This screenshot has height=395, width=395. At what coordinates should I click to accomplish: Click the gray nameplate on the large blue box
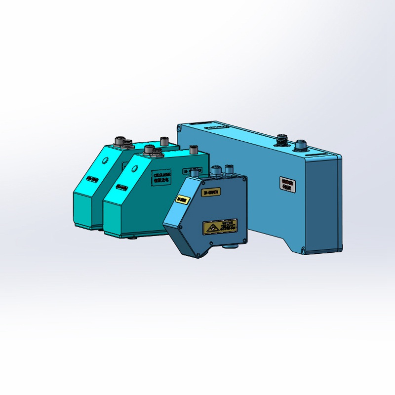pyautogui.click(x=287, y=184)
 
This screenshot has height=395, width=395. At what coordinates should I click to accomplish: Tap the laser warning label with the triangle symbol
pyautogui.click(x=220, y=227)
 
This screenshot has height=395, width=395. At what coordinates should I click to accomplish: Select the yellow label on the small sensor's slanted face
pyautogui.click(x=182, y=199)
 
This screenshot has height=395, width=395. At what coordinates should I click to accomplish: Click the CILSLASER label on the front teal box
pyautogui.click(x=162, y=178)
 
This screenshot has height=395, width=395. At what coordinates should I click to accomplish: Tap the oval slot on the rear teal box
pyautogui.click(x=92, y=179)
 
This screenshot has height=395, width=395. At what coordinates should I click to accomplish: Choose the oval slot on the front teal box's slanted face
pyautogui.click(x=122, y=187)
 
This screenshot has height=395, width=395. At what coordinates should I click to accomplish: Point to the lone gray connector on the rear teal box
pyautogui.click(x=164, y=141)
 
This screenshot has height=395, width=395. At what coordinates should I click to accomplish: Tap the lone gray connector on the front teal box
pyautogui.click(x=193, y=149)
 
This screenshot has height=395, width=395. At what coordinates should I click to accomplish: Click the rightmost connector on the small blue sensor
pyautogui.click(x=228, y=170)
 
